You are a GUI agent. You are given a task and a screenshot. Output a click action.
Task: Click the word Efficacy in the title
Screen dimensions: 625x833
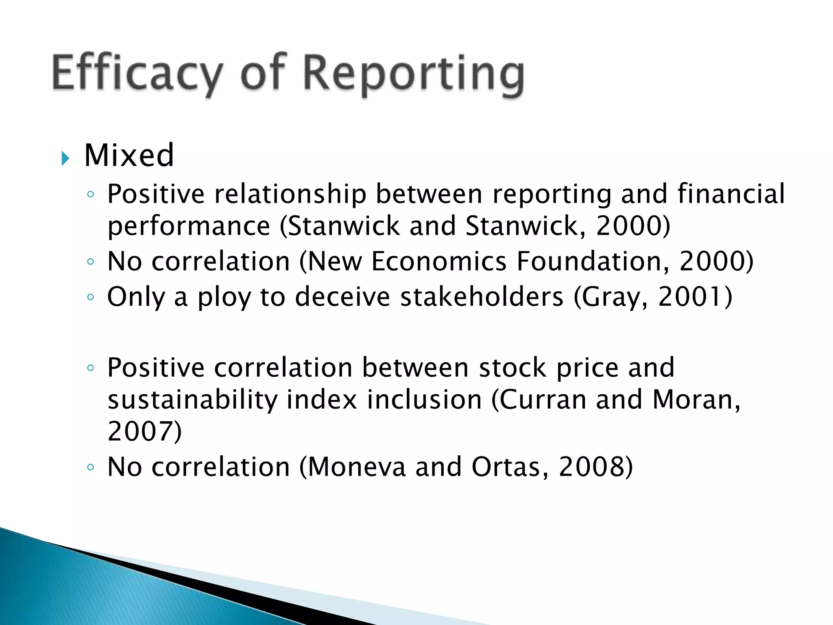tap(137, 73)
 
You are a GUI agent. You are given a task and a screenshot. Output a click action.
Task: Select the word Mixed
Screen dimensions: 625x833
tap(129, 155)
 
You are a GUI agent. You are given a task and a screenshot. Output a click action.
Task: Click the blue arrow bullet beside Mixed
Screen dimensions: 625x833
tap(65, 158)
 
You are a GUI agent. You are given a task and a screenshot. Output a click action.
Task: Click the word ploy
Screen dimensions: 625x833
tap(224, 297)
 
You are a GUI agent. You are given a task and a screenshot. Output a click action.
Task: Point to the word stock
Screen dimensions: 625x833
tap(512, 367)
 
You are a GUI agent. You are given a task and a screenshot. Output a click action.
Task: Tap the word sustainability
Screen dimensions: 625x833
tap(192, 400)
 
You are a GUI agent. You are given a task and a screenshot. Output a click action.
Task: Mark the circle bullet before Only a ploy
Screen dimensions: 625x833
tap(90, 297)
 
